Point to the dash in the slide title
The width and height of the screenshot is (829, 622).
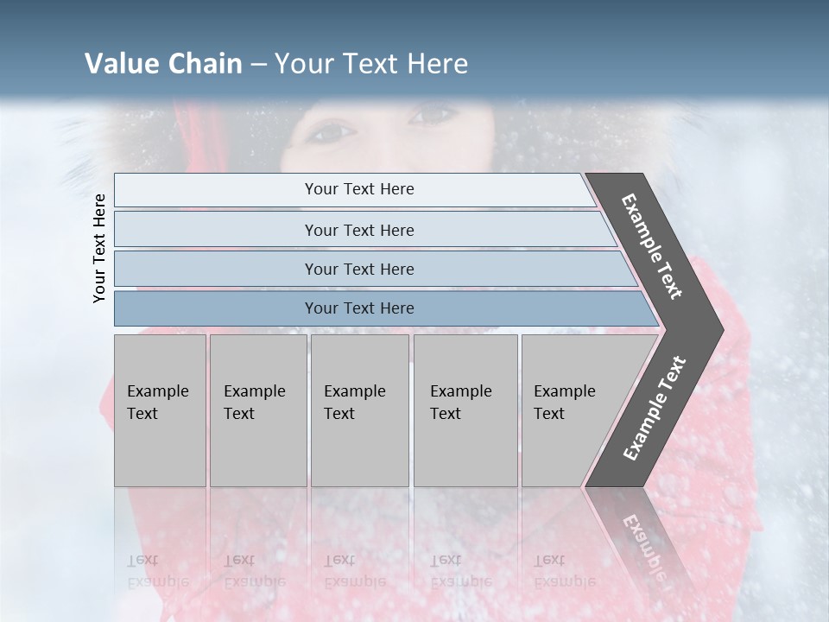[x=258, y=65]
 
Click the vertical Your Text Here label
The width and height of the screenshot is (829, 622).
[x=99, y=248]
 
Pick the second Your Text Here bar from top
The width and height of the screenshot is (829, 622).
[x=358, y=230]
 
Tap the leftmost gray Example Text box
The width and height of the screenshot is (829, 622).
[x=160, y=409]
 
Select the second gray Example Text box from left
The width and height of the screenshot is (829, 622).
[x=257, y=409]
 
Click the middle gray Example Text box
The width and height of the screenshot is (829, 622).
[x=359, y=409]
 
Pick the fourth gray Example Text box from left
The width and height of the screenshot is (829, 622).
[x=465, y=409]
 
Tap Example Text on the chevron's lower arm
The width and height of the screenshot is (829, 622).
[x=655, y=408]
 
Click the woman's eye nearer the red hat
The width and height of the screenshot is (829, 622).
[x=332, y=132]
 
